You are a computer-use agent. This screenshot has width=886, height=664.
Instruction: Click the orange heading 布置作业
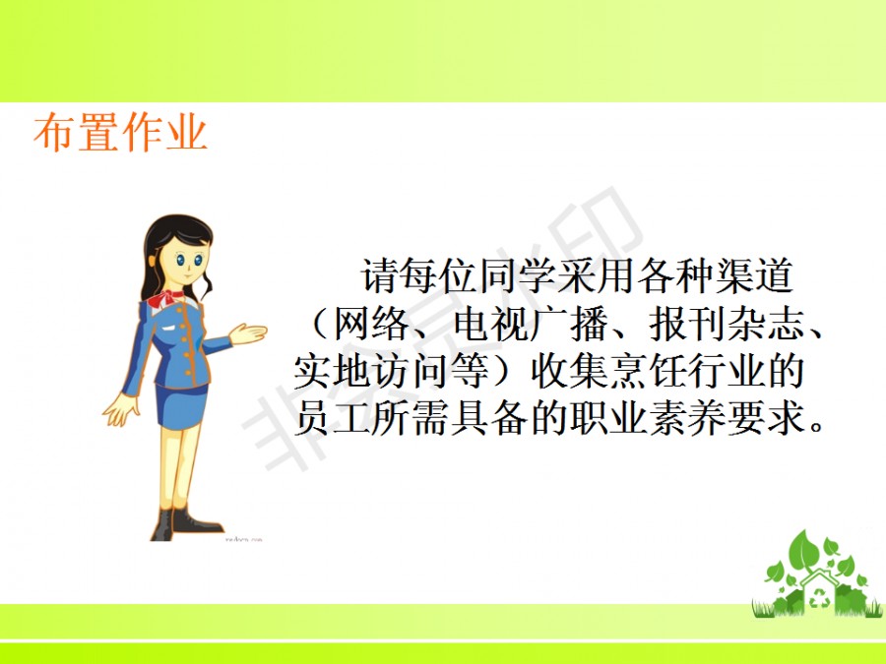tap(120, 133)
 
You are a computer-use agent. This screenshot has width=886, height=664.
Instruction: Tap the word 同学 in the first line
tap(518, 276)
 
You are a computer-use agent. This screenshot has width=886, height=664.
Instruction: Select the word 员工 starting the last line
tap(333, 418)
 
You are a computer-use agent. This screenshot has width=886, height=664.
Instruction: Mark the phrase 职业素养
tap(648, 418)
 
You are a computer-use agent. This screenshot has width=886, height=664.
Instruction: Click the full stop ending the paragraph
tap(816, 425)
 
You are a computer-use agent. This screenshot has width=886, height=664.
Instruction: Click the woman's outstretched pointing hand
tap(248, 333)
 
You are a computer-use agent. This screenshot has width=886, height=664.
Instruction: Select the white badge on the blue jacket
tap(169, 328)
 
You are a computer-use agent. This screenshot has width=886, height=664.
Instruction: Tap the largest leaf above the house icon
tap(803, 551)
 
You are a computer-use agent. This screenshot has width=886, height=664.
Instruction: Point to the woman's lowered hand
tap(120, 410)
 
